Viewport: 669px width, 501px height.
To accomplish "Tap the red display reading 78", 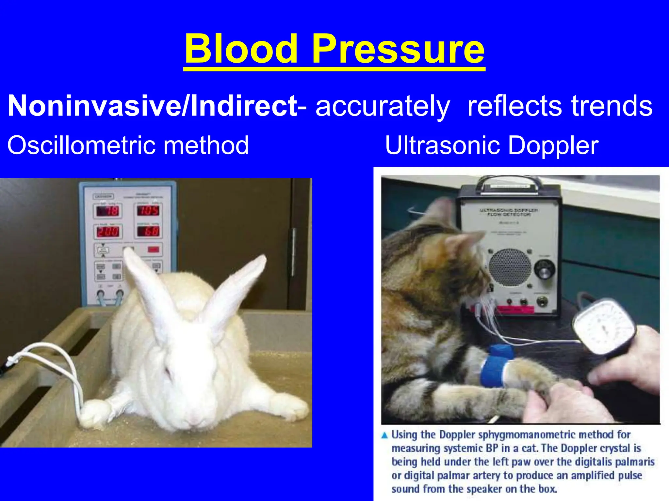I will tap(107, 211).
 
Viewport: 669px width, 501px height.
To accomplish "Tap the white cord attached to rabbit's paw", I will tap(65, 365).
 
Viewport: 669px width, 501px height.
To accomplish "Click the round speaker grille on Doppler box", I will tap(509, 267).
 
